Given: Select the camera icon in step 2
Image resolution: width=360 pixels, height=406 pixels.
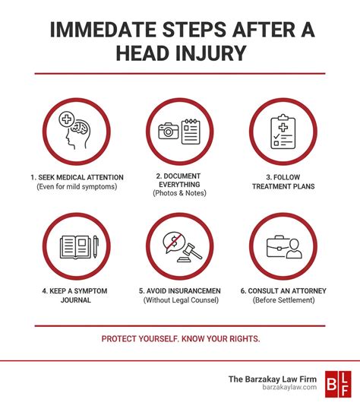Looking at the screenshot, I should (x=166, y=132).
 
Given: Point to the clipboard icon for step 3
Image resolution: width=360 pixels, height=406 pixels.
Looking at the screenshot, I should (x=282, y=130).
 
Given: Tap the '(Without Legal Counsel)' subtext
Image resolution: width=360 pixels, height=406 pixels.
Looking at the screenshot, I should (x=179, y=300).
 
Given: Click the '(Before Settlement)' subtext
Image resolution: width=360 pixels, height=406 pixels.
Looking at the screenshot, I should (x=283, y=300).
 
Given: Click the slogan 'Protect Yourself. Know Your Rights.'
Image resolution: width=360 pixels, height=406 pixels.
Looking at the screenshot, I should (x=179, y=338).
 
